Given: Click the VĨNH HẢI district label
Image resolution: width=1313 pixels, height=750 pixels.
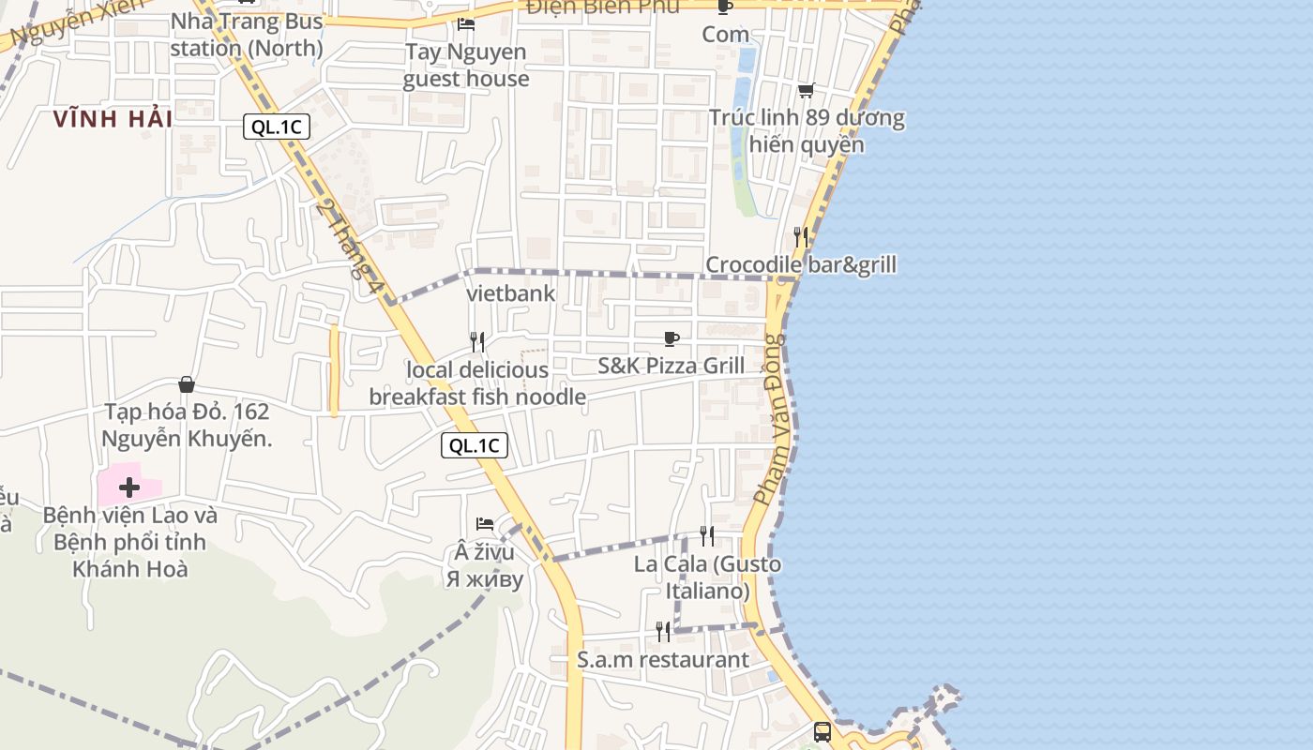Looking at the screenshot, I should [x=113, y=119].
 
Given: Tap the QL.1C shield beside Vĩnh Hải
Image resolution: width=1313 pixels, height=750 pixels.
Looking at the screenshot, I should [x=277, y=127].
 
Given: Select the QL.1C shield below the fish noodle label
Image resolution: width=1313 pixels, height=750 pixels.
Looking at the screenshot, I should [x=475, y=445].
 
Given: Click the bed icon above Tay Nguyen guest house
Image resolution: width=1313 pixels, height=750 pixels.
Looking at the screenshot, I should [x=466, y=23].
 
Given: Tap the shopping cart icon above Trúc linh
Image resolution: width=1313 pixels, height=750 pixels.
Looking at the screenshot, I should [x=806, y=91].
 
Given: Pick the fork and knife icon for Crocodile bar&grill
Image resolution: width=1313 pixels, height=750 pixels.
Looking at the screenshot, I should [x=801, y=236].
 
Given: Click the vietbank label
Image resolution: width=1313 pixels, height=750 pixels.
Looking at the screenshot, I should [x=511, y=293].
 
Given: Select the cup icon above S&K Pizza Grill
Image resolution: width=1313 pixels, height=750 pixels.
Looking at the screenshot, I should [x=672, y=338].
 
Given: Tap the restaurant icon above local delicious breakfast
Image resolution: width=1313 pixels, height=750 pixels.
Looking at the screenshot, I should [x=477, y=341].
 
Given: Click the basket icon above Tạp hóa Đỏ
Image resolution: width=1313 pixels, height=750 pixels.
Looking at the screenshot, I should [x=187, y=384].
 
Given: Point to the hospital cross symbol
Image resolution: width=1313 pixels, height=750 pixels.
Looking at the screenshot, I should [x=129, y=487].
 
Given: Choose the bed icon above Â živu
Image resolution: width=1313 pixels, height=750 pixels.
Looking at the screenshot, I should [x=485, y=523].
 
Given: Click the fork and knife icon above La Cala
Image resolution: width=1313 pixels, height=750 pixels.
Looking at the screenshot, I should [x=707, y=536].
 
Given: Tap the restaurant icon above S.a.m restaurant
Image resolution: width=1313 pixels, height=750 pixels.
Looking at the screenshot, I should [x=663, y=632].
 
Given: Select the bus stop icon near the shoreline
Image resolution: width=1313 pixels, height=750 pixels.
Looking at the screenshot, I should [x=823, y=731].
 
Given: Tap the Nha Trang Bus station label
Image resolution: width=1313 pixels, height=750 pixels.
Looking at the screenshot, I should [x=247, y=35].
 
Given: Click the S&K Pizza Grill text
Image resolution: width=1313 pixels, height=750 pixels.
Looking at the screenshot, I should [x=672, y=366].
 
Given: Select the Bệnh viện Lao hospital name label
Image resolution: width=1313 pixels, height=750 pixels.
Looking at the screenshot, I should [x=130, y=542].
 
